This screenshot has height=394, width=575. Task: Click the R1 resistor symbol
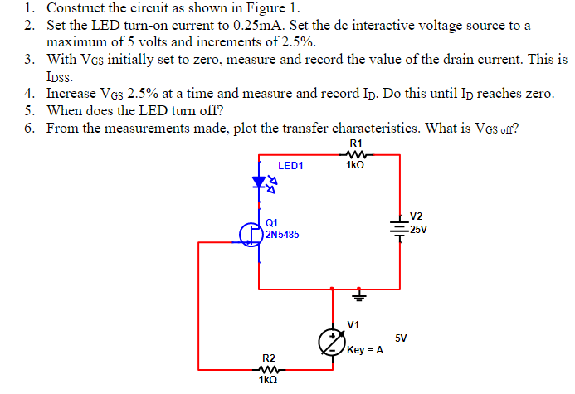point(356,153)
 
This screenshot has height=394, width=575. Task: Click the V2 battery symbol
point(400,227)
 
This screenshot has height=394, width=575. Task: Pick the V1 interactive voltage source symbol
point(333,341)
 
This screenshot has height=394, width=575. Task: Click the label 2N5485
point(283,236)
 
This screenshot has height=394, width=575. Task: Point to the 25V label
point(418,230)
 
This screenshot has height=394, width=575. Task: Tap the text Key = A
point(365,350)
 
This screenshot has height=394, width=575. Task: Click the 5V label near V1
point(402,338)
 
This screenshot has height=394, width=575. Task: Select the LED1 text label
point(290,166)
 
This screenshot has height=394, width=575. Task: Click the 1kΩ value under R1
point(357,166)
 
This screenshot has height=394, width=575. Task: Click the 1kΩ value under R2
point(267,381)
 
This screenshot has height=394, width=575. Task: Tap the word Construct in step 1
point(77,8)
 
